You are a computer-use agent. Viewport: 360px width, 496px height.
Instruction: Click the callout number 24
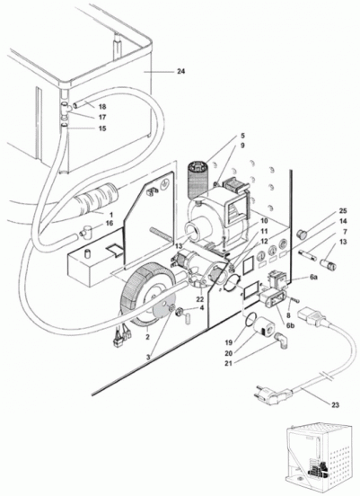(180, 72)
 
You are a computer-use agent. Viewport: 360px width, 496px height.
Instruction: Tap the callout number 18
(102, 107)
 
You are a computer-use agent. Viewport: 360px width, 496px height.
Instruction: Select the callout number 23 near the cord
(335, 404)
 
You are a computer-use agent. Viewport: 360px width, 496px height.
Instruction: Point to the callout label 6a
(313, 277)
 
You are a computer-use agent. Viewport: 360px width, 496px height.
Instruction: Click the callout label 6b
(291, 325)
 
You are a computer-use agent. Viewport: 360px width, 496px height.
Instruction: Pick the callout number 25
(334, 210)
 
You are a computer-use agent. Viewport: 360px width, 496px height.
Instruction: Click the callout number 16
(109, 224)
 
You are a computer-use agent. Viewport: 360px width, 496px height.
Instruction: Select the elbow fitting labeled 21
(283, 340)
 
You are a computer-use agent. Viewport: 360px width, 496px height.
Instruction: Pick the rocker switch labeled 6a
(278, 279)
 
